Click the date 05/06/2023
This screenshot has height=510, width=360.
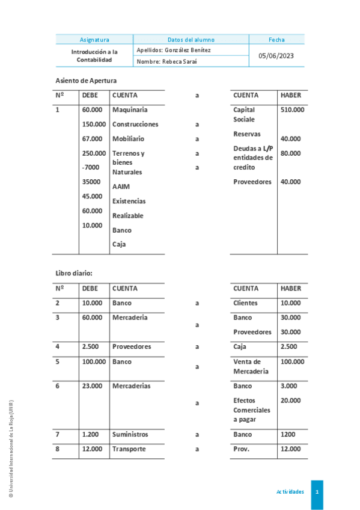point(276,56)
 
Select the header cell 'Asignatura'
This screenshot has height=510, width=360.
point(94,40)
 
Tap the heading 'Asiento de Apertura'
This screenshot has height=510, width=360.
point(86,80)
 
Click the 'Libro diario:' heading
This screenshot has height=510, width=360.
point(74,273)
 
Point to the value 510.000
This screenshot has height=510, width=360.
point(292,110)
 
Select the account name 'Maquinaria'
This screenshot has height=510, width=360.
point(130,110)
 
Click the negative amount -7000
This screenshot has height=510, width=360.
point(91,167)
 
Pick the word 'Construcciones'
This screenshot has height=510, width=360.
point(135,124)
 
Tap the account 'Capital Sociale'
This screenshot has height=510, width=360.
point(244,114)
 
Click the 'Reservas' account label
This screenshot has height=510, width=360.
point(247,134)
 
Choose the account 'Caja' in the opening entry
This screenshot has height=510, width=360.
point(119,245)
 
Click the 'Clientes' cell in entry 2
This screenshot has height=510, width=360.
point(245,303)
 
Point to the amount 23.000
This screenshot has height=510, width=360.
point(92,386)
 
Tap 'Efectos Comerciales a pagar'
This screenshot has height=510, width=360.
point(252,410)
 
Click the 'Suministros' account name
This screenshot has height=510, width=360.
point(130,434)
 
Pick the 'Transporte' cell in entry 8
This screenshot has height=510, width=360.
point(129,449)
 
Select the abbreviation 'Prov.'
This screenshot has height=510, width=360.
point(241,449)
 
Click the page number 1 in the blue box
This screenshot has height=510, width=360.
point(317,492)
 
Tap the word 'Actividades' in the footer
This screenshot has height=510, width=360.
point(290,492)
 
